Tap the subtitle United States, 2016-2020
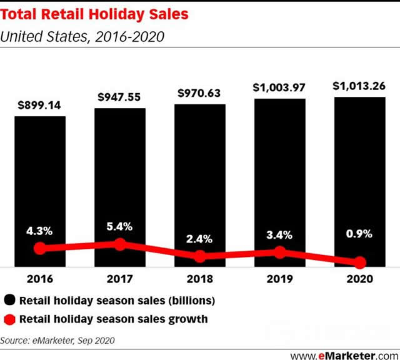click(82, 36)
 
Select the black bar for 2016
click(40, 187)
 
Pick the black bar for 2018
click(199, 181)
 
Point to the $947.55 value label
click(120, 97)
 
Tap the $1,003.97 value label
click(279, 88)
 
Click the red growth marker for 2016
click(40, 248)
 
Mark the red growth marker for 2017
click(120, 244)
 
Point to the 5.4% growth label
click(120, 227)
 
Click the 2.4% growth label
click(199, 238)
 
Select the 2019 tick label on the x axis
click(279, 279)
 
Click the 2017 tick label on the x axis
click(120, 279)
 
